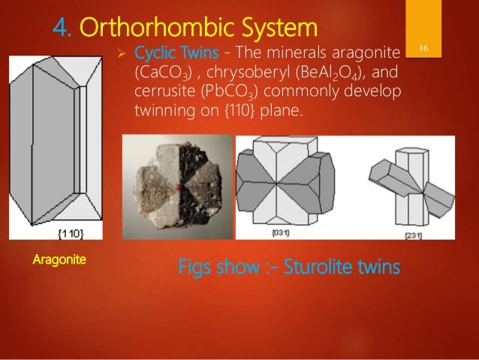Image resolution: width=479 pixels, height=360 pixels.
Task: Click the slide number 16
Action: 424,49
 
